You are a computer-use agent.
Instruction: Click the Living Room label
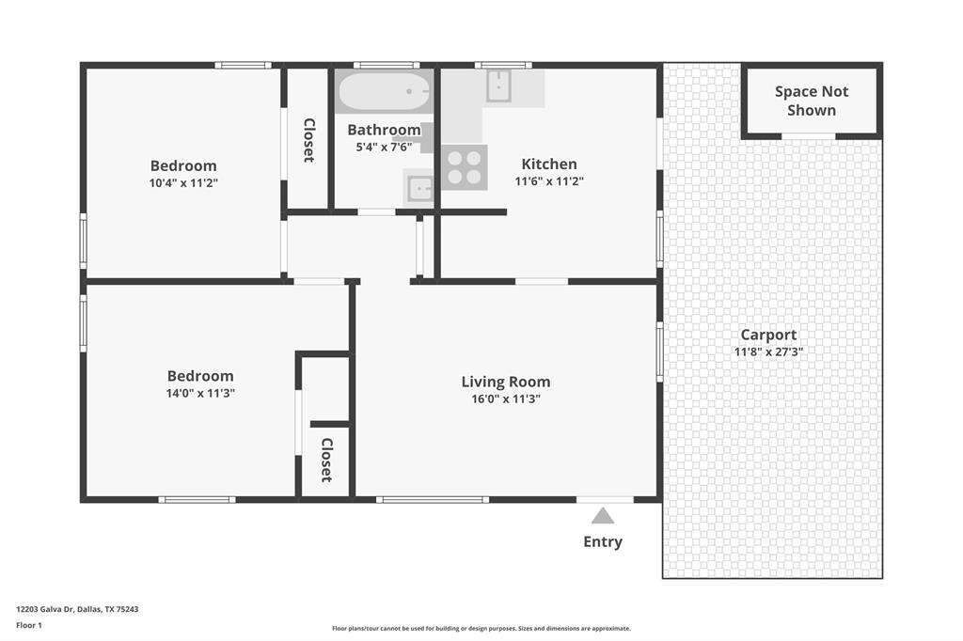(505, 382)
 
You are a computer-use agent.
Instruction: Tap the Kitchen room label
(549, 164)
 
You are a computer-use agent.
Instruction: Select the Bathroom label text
(384, 130)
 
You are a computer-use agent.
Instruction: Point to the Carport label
(768, 335)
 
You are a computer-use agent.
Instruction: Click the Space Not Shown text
(811, 101)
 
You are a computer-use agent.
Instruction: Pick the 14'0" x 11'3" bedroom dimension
(200, 394)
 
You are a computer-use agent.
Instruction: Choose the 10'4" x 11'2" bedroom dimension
(183, 182)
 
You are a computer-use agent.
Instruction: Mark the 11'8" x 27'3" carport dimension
(768, 352)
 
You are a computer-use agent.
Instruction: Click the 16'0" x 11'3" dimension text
(505, 399)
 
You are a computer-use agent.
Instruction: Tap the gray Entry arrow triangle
(603, 516)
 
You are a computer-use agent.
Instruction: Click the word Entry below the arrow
(603, 541)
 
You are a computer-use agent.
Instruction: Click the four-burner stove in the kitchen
(465, 167)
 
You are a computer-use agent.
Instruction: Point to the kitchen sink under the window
(498, 86)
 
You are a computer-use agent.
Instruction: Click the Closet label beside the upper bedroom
(308, 140)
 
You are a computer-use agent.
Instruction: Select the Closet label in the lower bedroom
(326, 460)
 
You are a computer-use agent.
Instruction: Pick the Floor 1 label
(30, 624)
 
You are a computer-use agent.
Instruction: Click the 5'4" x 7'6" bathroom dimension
(384, 148)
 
